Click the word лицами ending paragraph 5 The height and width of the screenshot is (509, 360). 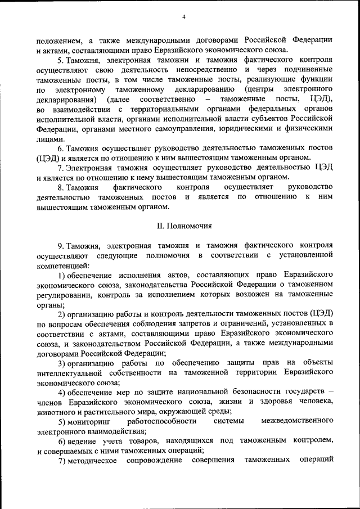pos(46,138)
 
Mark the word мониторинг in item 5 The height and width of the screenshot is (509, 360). pos(89,421)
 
